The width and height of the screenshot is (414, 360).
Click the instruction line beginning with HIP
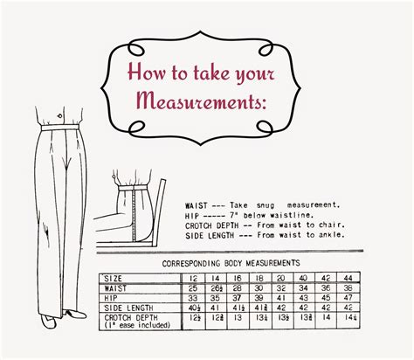tap(249, 211)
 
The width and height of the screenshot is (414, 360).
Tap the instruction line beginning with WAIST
tap(262, 201)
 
